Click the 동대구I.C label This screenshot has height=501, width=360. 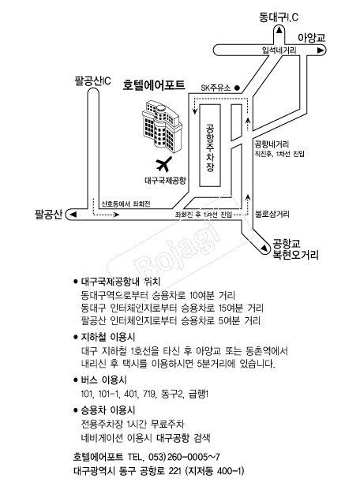coord(279,17)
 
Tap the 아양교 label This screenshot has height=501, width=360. coord(311,37)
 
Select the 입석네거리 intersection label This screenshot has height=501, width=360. coord(279,50)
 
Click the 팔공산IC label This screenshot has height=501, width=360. coord(92,80)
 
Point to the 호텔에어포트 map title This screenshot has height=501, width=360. coord(154,86)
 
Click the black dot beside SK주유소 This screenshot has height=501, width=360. coord(237,88)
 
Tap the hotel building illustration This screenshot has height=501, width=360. coord(162,127)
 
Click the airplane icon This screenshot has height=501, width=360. coord(164,164)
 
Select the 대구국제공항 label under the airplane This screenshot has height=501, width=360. coord(165,181)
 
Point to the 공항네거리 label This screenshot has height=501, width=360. coord(272,144)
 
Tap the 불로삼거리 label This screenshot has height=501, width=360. coord(272,214)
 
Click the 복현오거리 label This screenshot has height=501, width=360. coord(295,256)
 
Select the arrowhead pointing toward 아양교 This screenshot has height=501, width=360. coord(320,50)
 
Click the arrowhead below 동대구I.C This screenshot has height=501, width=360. coord(279,30)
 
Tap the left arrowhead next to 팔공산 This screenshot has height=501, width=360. coord(73,215)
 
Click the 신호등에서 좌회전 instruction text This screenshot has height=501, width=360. coord(126,204)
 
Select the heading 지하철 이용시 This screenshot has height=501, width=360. coord(108,337)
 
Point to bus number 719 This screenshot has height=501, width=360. coord(150,394)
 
